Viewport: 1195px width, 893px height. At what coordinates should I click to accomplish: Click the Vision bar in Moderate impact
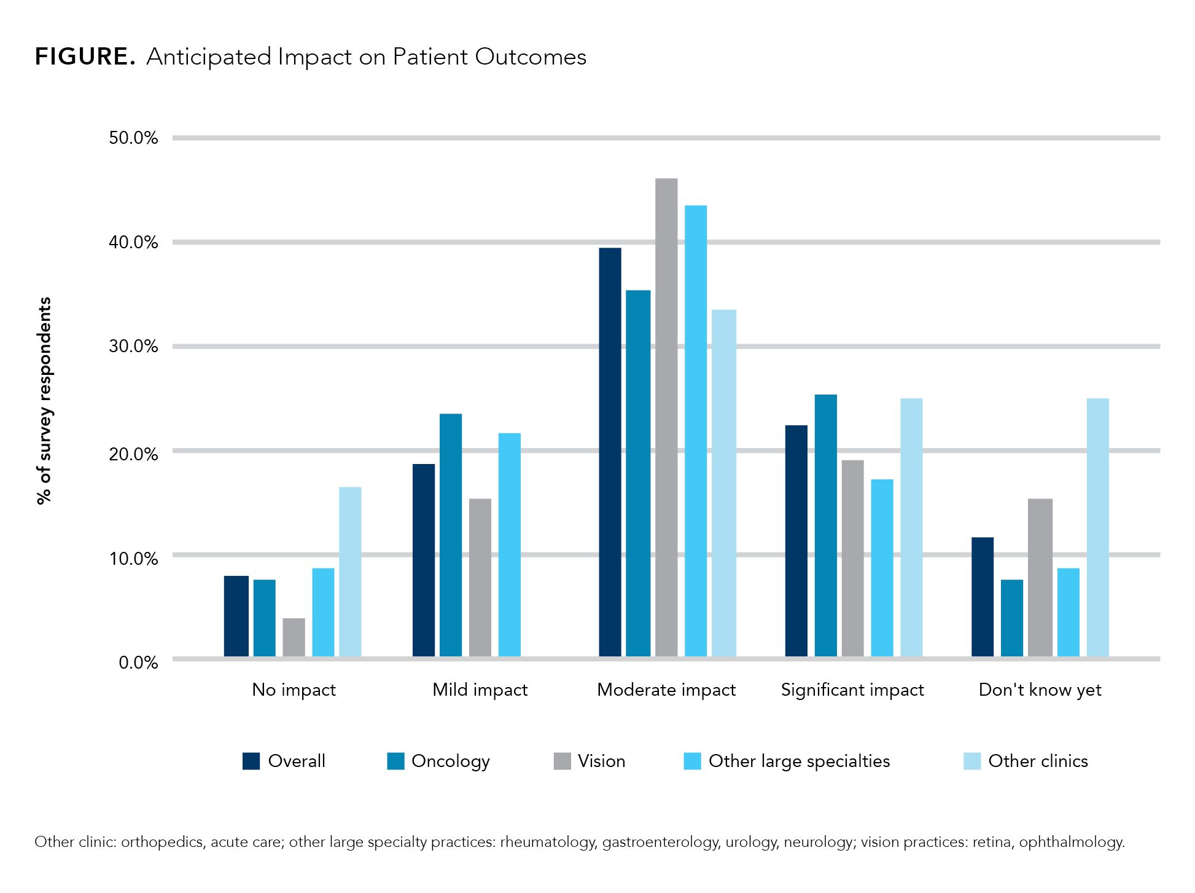(666, 418)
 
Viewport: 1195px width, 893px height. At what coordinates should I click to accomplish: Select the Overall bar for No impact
(236, 616)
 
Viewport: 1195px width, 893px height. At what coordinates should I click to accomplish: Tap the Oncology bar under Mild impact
(451, 535)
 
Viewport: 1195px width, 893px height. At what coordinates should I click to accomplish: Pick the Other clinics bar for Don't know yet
(1097, 528)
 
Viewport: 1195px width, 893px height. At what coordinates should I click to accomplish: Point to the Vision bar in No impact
(294, 637)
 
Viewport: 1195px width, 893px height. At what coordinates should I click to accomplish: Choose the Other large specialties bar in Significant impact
(882, 568)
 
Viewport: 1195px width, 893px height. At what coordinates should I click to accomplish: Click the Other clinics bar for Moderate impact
(725, 483)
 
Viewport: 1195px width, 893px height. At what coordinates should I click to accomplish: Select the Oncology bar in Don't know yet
(1012, 618)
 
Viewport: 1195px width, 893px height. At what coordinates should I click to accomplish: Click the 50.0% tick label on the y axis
(133, 138)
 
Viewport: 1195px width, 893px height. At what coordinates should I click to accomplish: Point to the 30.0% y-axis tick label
(133, 346)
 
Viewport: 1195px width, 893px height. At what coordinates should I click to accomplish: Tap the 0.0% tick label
(138, 663)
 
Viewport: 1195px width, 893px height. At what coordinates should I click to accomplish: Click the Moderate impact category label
(666, 690)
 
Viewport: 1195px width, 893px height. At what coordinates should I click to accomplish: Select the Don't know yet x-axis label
(1040, 690)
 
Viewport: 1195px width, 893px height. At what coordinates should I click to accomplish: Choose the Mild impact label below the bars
(480, 690)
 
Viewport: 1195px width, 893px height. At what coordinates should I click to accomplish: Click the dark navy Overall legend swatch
(251, 761)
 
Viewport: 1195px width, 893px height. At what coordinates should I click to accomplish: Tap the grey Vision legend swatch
(562, 761)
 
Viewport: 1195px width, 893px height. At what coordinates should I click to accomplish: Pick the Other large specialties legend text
(799, 761)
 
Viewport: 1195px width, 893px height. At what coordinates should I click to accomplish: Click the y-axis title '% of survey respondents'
(44, 401)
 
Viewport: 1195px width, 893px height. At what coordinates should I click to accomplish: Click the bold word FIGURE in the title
(84, 57)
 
